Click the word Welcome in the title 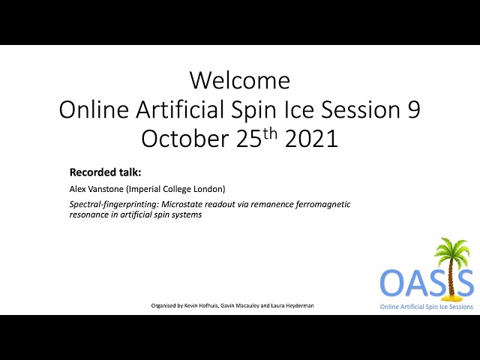click(x=240, y=80)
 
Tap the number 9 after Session click(x=413, y=109)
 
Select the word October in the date click(x=185, y=139)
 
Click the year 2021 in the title click(x=311, y=139)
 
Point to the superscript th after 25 click(x=270, y=134)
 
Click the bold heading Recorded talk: click(x=105, y=172)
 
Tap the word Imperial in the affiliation click(x=143, y=189)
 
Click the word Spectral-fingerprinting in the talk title click(x=114, y=204)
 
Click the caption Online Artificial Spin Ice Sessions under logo click(x=427, y=307)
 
